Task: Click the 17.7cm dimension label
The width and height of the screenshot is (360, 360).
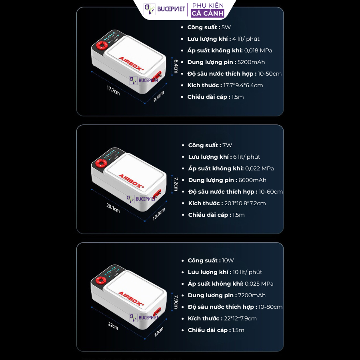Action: coord(113,90)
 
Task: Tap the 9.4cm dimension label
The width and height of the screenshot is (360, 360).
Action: coord(159,96)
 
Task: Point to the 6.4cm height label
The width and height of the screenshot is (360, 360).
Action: coord(176,66)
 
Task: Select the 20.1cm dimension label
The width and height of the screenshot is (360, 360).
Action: coord(113,208)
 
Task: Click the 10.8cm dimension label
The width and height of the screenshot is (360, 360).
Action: coord(159,214)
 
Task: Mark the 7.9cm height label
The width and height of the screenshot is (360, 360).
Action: coord(176,302)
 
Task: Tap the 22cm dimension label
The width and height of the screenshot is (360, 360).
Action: coord(113,326)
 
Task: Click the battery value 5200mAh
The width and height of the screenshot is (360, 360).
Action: coord(251,62)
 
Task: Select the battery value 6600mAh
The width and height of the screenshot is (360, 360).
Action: coord(252,180)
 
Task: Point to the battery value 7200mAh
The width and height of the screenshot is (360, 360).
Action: coord(252,296)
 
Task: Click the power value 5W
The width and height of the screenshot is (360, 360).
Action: coord(226,27)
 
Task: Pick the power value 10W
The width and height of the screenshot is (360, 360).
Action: coord(228,260)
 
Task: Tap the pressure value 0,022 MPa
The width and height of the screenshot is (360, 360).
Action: coord(260,168)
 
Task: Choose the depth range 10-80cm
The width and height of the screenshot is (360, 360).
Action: coord(270,307)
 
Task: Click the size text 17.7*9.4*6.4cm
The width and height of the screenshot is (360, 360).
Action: coord(243,86)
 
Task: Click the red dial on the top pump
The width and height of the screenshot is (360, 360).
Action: coord(102,45)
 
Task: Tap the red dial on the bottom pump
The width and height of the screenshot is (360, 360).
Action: coord(101,280)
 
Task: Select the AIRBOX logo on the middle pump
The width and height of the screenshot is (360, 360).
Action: coord(131,181)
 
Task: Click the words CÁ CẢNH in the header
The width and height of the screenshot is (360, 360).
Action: coord(208,13)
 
